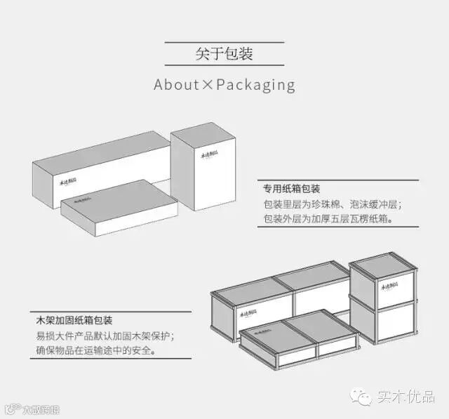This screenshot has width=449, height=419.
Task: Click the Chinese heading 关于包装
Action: click(224, 53)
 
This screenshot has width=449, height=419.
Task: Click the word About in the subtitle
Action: click(177, 85)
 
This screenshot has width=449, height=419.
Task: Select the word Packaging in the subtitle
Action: click(255, 85)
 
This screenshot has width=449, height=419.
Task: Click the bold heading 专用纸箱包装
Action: click(292, 189)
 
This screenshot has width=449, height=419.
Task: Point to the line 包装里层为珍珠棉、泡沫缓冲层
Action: click(333, 204)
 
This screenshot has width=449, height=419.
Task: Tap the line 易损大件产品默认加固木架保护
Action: click(105, 335)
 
